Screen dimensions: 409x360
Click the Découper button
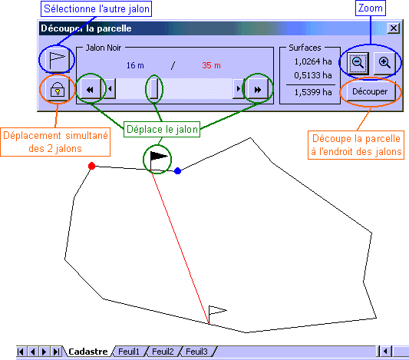click(370, 91)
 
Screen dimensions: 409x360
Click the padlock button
click(58, 90)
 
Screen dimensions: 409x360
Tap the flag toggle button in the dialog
click(58, 59)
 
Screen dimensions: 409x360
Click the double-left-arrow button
click(91, 90)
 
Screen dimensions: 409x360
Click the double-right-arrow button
click(258, 90)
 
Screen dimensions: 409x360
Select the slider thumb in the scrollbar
click(154, 89)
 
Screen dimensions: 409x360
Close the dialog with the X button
click(394, 28)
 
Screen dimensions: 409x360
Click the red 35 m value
click(211, 65)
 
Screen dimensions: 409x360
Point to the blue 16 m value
click(135, 65)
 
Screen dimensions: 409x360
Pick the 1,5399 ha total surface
click(313, 92)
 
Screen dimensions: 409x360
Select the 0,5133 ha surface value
click(313, 75)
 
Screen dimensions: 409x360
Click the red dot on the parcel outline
click(91, 166)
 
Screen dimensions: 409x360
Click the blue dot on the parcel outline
click(177, 171)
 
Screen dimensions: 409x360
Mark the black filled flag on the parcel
click(158, 159)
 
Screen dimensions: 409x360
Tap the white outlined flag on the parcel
click(217, 313)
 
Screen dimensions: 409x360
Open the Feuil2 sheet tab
click(163, 352)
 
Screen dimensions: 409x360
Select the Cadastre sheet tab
click(88, 352)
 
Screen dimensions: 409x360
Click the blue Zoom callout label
click(371, 8)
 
